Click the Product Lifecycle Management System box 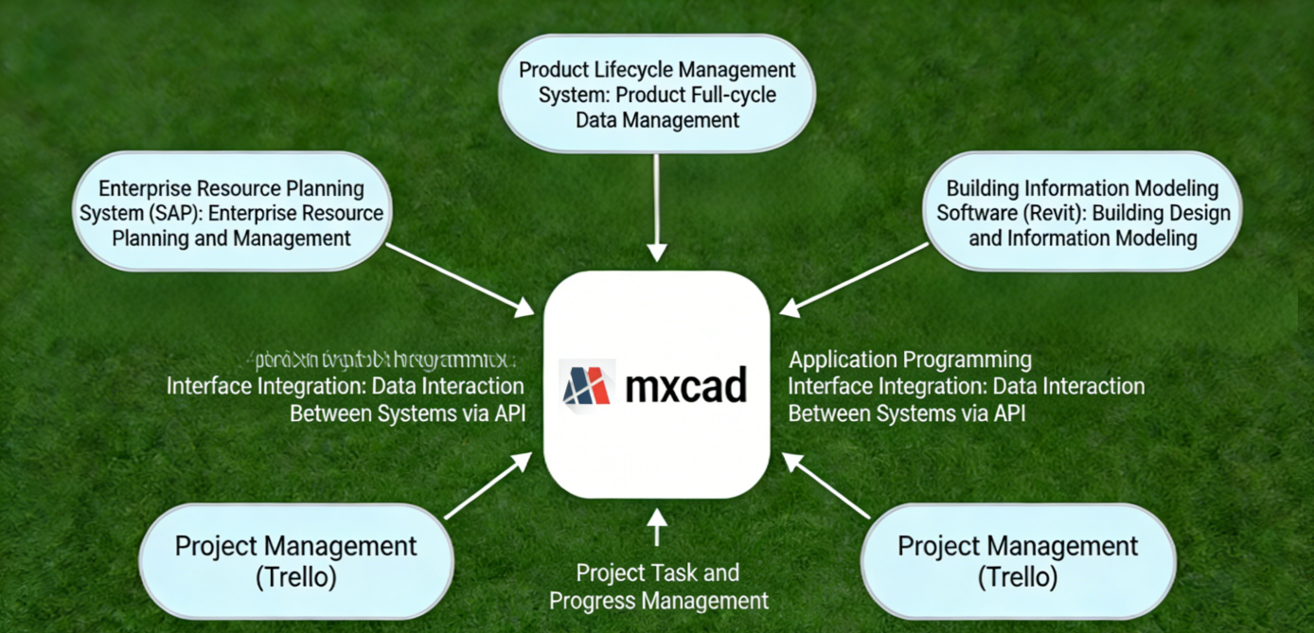click(x=657, y=94)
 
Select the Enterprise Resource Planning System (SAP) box click(x=232, y=212)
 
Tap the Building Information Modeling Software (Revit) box click(x=1082, y=212)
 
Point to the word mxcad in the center click(x=686, y=386)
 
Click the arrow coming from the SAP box click(x=460, y=279)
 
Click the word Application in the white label click(x=843, y=360)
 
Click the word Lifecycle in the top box click(x=631, y=70)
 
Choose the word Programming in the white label click(x=967, y=360)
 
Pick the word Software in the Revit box click(x=975, y=213)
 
